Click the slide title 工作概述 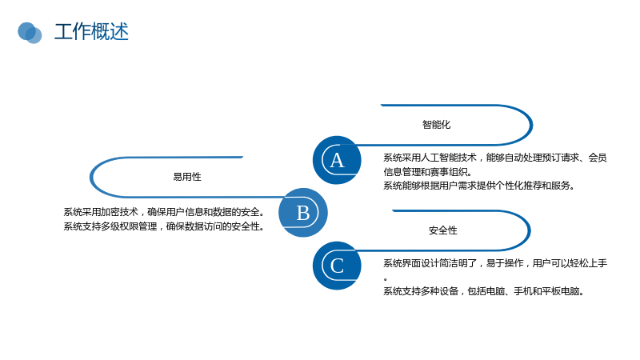click(91, 32)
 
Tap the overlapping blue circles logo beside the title click(30, 33)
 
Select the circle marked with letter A click(337, 160)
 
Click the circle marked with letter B click(303, 212)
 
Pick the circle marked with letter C click(337, 266)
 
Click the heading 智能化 click(436, 125)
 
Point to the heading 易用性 click(187, 177)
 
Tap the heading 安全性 click(443, 230)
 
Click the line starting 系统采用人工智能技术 click(495, 158)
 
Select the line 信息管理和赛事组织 click(428, 172)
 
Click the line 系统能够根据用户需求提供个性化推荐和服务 click(479, 186)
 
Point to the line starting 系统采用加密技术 click(164, 212)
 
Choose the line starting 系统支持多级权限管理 click(164, 226)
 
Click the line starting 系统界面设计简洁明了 click(495, 263)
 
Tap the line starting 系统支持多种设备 click(484, 291)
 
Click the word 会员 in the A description click(598, 158)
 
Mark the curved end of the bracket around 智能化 click(531, 125)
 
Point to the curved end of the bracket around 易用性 click(91, 177)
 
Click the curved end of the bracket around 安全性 click(530, 230)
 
